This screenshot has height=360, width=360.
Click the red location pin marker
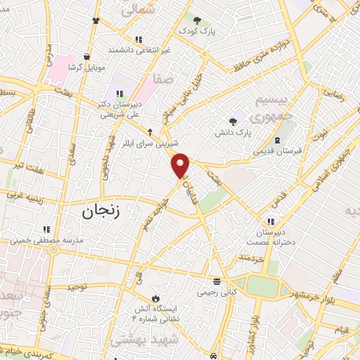(181, 165)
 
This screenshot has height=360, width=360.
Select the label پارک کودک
(197, 32)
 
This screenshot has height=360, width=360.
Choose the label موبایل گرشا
(86, 67)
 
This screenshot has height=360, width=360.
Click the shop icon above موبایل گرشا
(86, 56)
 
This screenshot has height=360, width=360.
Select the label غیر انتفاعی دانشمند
(139, 50)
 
